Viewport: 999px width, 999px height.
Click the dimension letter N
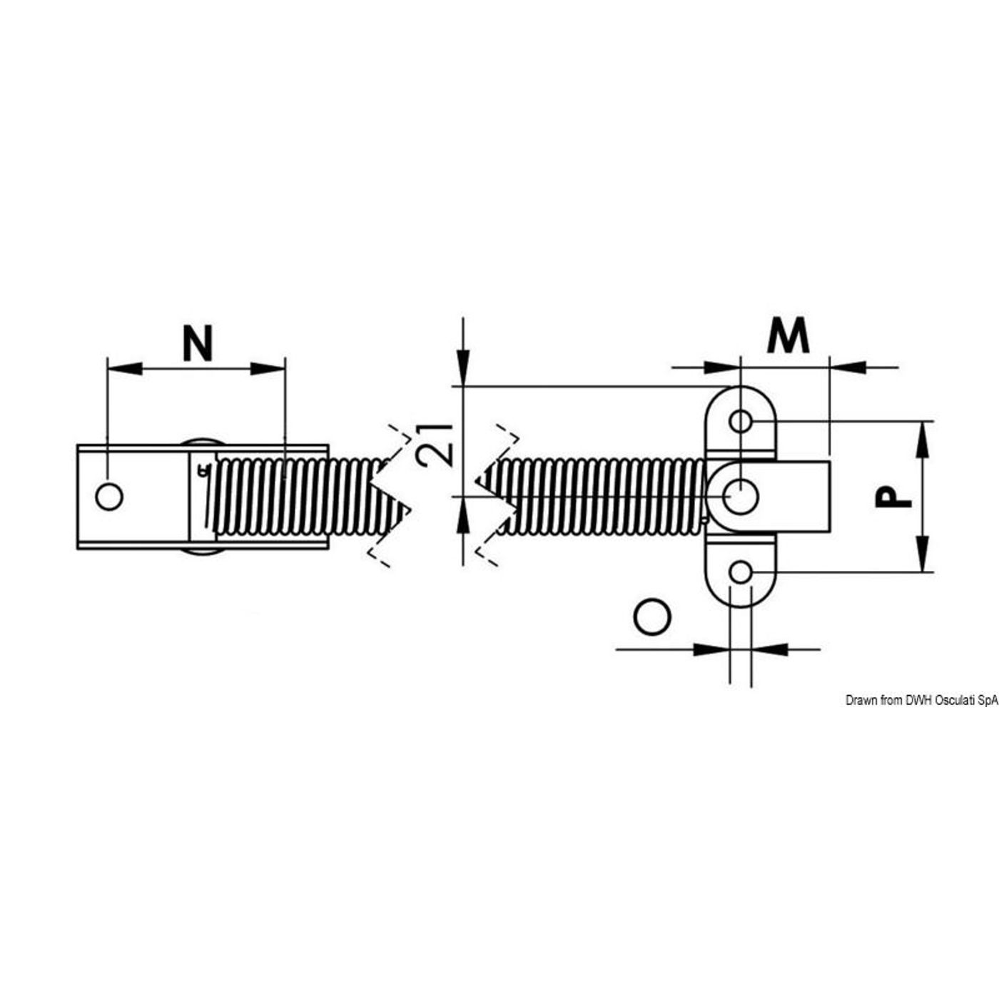coord(198,343)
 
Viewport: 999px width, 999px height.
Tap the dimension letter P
coord(893,496)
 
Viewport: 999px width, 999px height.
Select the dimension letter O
coord(652,617)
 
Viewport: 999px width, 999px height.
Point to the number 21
coord(437,445)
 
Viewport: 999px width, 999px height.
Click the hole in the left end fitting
coord(109,497)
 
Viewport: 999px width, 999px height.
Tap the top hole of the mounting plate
coord(741,421)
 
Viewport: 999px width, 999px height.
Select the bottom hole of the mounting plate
coord(741,572)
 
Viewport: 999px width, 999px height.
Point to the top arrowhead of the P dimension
coord(921,440)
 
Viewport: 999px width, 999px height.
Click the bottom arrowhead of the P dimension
coord(921,554)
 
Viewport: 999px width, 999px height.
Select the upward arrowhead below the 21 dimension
coord(464,514)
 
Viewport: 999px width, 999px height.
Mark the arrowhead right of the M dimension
coord(848,367)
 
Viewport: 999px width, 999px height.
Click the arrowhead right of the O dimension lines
coord(770,649)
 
